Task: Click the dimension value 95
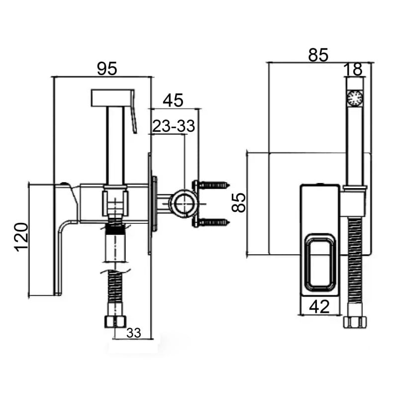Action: point(106,69)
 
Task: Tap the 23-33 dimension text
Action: point(173,126)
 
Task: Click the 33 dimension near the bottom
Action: point(133,333)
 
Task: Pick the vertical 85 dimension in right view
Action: point(240,203)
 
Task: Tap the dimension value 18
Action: point(354,69)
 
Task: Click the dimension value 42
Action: point(319,306)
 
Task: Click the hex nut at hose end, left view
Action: point(114,321)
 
